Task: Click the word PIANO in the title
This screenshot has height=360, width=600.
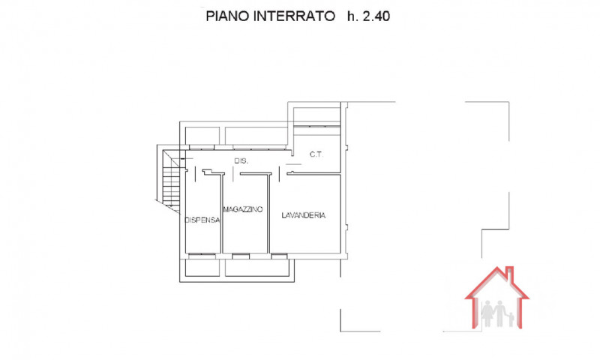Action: tap(227, 16)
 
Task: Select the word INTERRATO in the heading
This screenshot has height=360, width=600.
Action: tap(294, 16)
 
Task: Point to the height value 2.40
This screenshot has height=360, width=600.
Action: tap(376, 16)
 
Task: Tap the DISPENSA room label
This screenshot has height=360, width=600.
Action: tap(202, 220)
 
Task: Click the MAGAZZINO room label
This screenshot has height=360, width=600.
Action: tap(243, 209)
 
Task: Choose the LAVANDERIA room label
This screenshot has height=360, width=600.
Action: tap(304, 215)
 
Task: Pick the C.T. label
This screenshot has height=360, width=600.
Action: tap(316, 154)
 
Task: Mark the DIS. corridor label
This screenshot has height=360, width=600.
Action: tap(241, 161)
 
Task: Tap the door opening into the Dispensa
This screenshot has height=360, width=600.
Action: tap(195, 174)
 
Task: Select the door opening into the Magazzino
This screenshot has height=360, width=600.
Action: tap(232, 174)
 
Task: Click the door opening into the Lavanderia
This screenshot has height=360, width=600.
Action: tap(280, 174)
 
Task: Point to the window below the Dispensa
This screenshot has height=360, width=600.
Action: tap(202, 256)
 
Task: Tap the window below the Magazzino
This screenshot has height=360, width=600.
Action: tap(241, 256)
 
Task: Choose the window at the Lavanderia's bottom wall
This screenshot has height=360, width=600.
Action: tap(279, 256)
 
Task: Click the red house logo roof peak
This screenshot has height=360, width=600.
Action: tap(497, 268)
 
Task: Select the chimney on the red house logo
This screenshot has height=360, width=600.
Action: tap(510, 272)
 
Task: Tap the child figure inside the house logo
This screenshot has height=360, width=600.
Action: tap(511, 319)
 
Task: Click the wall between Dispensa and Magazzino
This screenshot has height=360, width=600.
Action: tap(221, 214)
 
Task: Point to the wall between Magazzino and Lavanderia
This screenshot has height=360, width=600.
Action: tap(268, 214)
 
